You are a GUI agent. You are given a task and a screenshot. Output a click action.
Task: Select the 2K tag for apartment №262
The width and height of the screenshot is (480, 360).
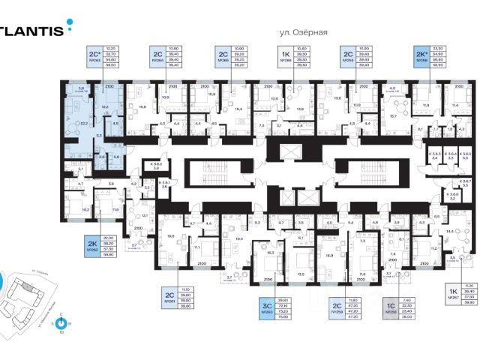pyautogui.click(x=92, y=244)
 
